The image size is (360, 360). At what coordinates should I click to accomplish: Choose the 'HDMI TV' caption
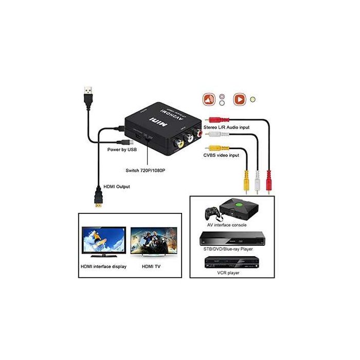[152, 267]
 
